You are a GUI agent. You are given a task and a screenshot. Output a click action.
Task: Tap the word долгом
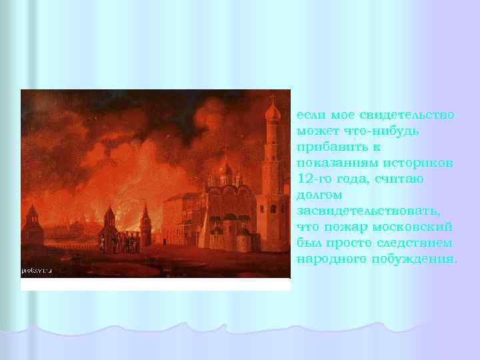(x=319, y=195)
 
